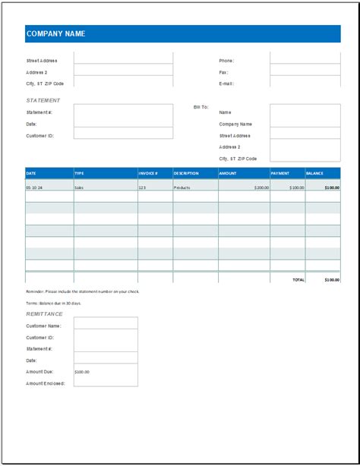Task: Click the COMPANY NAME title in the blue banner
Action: tap(55, 34)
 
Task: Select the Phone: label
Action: tap(226, 61)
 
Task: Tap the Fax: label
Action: tap(223, 72)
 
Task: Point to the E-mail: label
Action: tap(226, 83)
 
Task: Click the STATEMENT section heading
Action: tap(43, 100)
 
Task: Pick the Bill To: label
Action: tap(201, 108)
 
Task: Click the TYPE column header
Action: tap(80, 173)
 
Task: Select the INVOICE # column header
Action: tap(148, 173)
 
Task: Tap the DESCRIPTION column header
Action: tap(186, 173)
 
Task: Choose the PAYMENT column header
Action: tap(280, 173)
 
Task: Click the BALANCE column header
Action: tap(314, 173)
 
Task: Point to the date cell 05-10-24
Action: tap(34, 187)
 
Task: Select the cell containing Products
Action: tap(182, 187)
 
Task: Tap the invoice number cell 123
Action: tap(142, 187)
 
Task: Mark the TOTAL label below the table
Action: tap(298, 279)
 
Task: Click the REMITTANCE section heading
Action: tap(45, 313)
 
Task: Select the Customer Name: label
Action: tap(44, 325)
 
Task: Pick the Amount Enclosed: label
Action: tap(46, 383)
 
